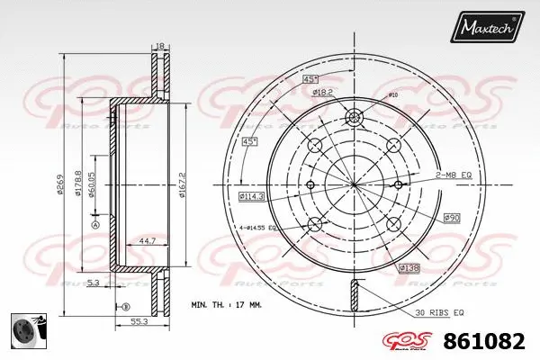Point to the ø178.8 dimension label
[x=78, y=184]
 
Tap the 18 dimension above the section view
[x=160, y=45]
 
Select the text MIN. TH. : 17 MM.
[x=227, y=306]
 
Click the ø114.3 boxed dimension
[x=250, y=195]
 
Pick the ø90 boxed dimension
[x=453, y=218]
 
